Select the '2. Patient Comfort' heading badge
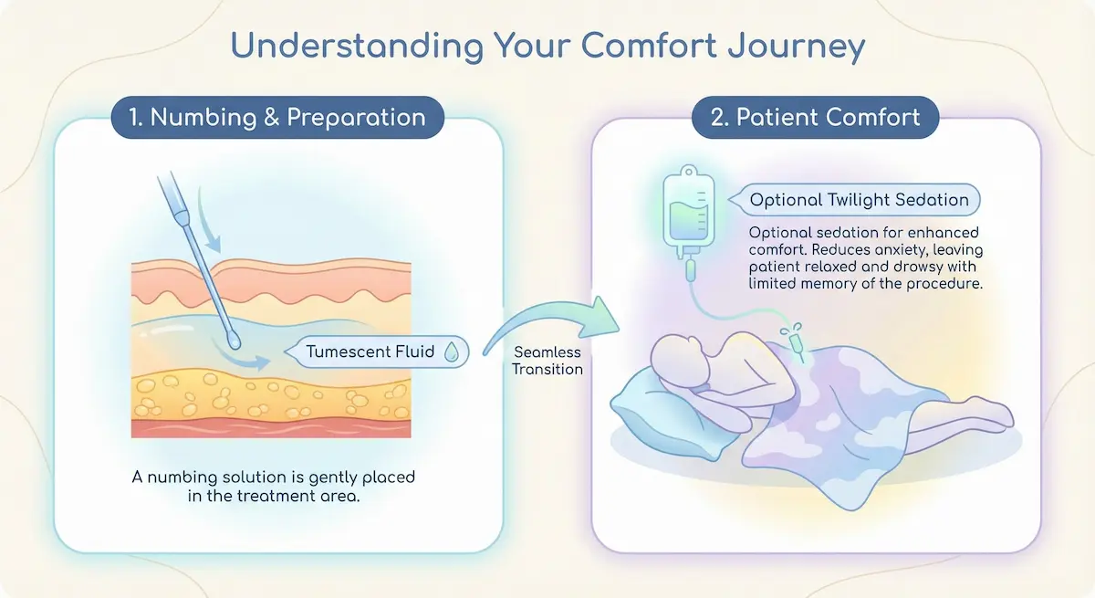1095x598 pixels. click(815, 118)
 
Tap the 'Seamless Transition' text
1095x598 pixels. click(547, 360)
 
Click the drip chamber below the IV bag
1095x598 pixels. click(690, 270)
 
